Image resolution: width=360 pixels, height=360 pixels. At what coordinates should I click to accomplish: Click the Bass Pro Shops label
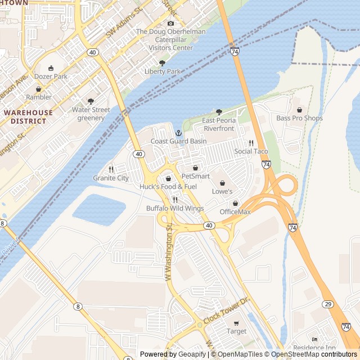pyautogui.click(x=299, y=118)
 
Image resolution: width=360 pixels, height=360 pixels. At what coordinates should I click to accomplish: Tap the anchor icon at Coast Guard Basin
pyautogui.click(x=178, y=133)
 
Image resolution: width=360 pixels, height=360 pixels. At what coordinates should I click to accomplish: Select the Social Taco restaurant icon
pyautogui.click(x=251, y=143)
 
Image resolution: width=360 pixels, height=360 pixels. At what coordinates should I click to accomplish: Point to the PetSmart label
pyautogui.click(x=195, y=176)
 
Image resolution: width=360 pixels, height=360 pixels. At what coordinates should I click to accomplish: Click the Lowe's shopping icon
pyautogui.click(x=222, y=183)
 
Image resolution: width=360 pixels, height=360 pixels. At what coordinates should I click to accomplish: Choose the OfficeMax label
pyautogui.click(x=235, y=211)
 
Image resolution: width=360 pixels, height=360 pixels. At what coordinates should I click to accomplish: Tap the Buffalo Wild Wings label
pyautogui.click(x=175, y=208)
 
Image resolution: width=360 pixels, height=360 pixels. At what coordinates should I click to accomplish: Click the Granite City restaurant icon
pyautogui.click(x=111, y=169)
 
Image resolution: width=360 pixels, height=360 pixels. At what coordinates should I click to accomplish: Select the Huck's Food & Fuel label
pyautogui.click(x=168, y=187)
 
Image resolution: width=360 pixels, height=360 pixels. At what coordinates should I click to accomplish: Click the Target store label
pyautogui.click(x=236, y=331)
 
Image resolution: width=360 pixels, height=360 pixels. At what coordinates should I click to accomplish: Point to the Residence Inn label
pyautogui.click(x=314, y=348)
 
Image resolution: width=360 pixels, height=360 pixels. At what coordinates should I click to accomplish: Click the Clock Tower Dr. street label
pyautogui.click(x=226, y=310)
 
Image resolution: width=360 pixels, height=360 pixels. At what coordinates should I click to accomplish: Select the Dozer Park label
pyautogui.click(x=51, y=76)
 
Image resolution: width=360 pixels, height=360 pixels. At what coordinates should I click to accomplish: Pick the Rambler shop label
pyautogui.click(x=38, y=97)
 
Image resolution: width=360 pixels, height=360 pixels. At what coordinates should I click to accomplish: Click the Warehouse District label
pyautogui.click(x=28, y=116)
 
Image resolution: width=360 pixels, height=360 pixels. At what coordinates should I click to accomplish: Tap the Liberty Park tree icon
pyautogui.click(x=163, y=63)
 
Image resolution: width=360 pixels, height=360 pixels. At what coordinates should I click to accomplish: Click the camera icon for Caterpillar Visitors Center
pyautogui.click(x=171, y=23)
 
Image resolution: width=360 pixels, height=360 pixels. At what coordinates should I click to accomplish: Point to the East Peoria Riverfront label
pyautogui.click(x=219, y=124)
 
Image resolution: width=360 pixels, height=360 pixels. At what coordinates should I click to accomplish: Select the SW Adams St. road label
pyautogui.click(x=124, y=26)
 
